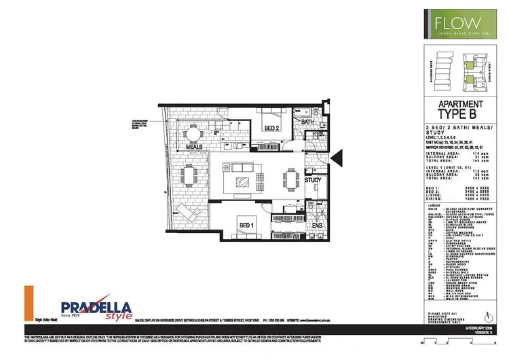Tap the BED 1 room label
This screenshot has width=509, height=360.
(246, 225)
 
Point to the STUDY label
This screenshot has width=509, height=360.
(312, 180)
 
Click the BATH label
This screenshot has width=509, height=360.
(307, 123)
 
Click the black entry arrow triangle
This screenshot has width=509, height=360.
(335, 158)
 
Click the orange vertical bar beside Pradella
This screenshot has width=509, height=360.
(29, 302)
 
